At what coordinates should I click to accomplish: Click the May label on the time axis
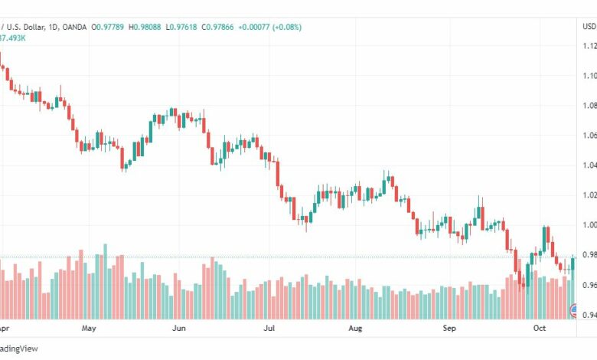point(88,329)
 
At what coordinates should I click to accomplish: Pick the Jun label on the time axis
point(178,329)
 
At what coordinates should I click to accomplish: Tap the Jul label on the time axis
point(269,329)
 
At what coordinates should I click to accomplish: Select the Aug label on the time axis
point(355,329)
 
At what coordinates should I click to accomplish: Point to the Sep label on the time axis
point(449,329)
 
